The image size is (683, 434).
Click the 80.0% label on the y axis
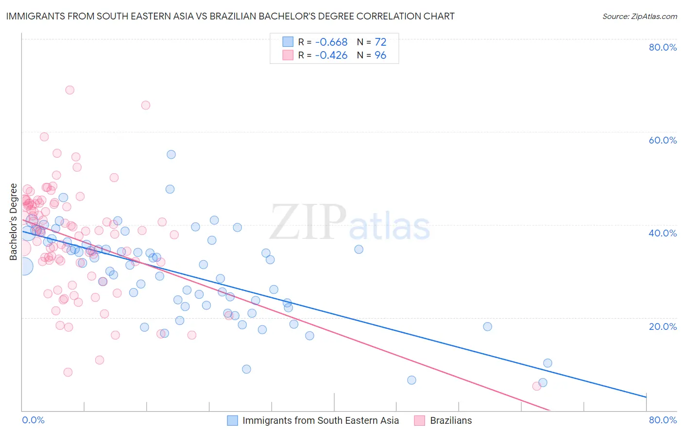point(663,47)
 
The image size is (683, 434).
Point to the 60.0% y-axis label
point(663,140)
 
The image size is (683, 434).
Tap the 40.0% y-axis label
point(663,233)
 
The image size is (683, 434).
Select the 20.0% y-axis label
point(663,326)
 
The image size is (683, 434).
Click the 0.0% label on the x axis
point(33,420)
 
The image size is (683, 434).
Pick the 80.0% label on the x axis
point(663,420)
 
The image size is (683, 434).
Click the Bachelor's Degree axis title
point(14,222)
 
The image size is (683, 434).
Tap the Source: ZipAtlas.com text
point(639,16)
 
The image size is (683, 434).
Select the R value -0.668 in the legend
point(331,42)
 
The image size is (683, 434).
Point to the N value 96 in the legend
point(380,55)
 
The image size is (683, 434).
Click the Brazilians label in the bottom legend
point(451,421)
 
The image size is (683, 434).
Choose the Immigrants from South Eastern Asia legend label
point(321,421)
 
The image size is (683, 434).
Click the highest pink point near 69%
point(69,90)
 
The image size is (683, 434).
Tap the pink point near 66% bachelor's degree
point(145,105)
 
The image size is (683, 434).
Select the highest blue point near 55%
point(171,154)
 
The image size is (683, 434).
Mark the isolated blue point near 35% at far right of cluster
point(359,249)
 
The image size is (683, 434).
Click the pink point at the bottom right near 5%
point(536,386)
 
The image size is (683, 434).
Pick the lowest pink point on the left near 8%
point(68,372)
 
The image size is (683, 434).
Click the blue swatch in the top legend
point(288,42)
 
